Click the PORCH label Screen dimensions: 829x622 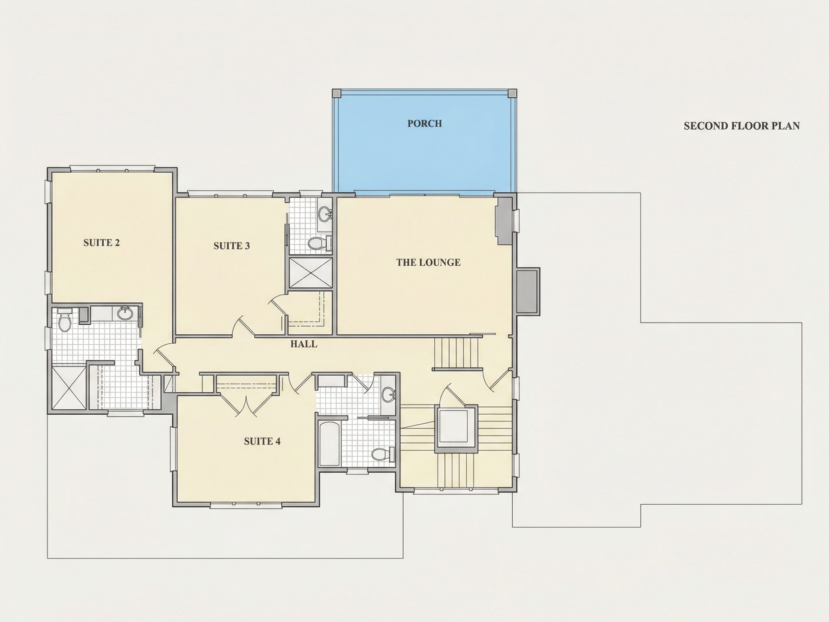pos(425,123)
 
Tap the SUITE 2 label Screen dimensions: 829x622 pos(101,243)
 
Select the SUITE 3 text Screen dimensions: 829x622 pos(232,245)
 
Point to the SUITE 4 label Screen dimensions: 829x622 pos(262,441)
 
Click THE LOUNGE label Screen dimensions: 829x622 pos(429,262)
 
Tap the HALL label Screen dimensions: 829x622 pos(304,344)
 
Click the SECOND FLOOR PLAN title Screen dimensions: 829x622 pos(742,126)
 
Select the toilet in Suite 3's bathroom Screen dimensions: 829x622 pos(319,243)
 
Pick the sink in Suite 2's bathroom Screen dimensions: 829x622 pos(124,314)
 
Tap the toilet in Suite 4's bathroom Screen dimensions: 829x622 pos(382,454)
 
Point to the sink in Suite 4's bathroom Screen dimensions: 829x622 pos(388,395)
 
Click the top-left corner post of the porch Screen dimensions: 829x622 pos(337,93)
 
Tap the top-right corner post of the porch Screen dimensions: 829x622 pos(512,93)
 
